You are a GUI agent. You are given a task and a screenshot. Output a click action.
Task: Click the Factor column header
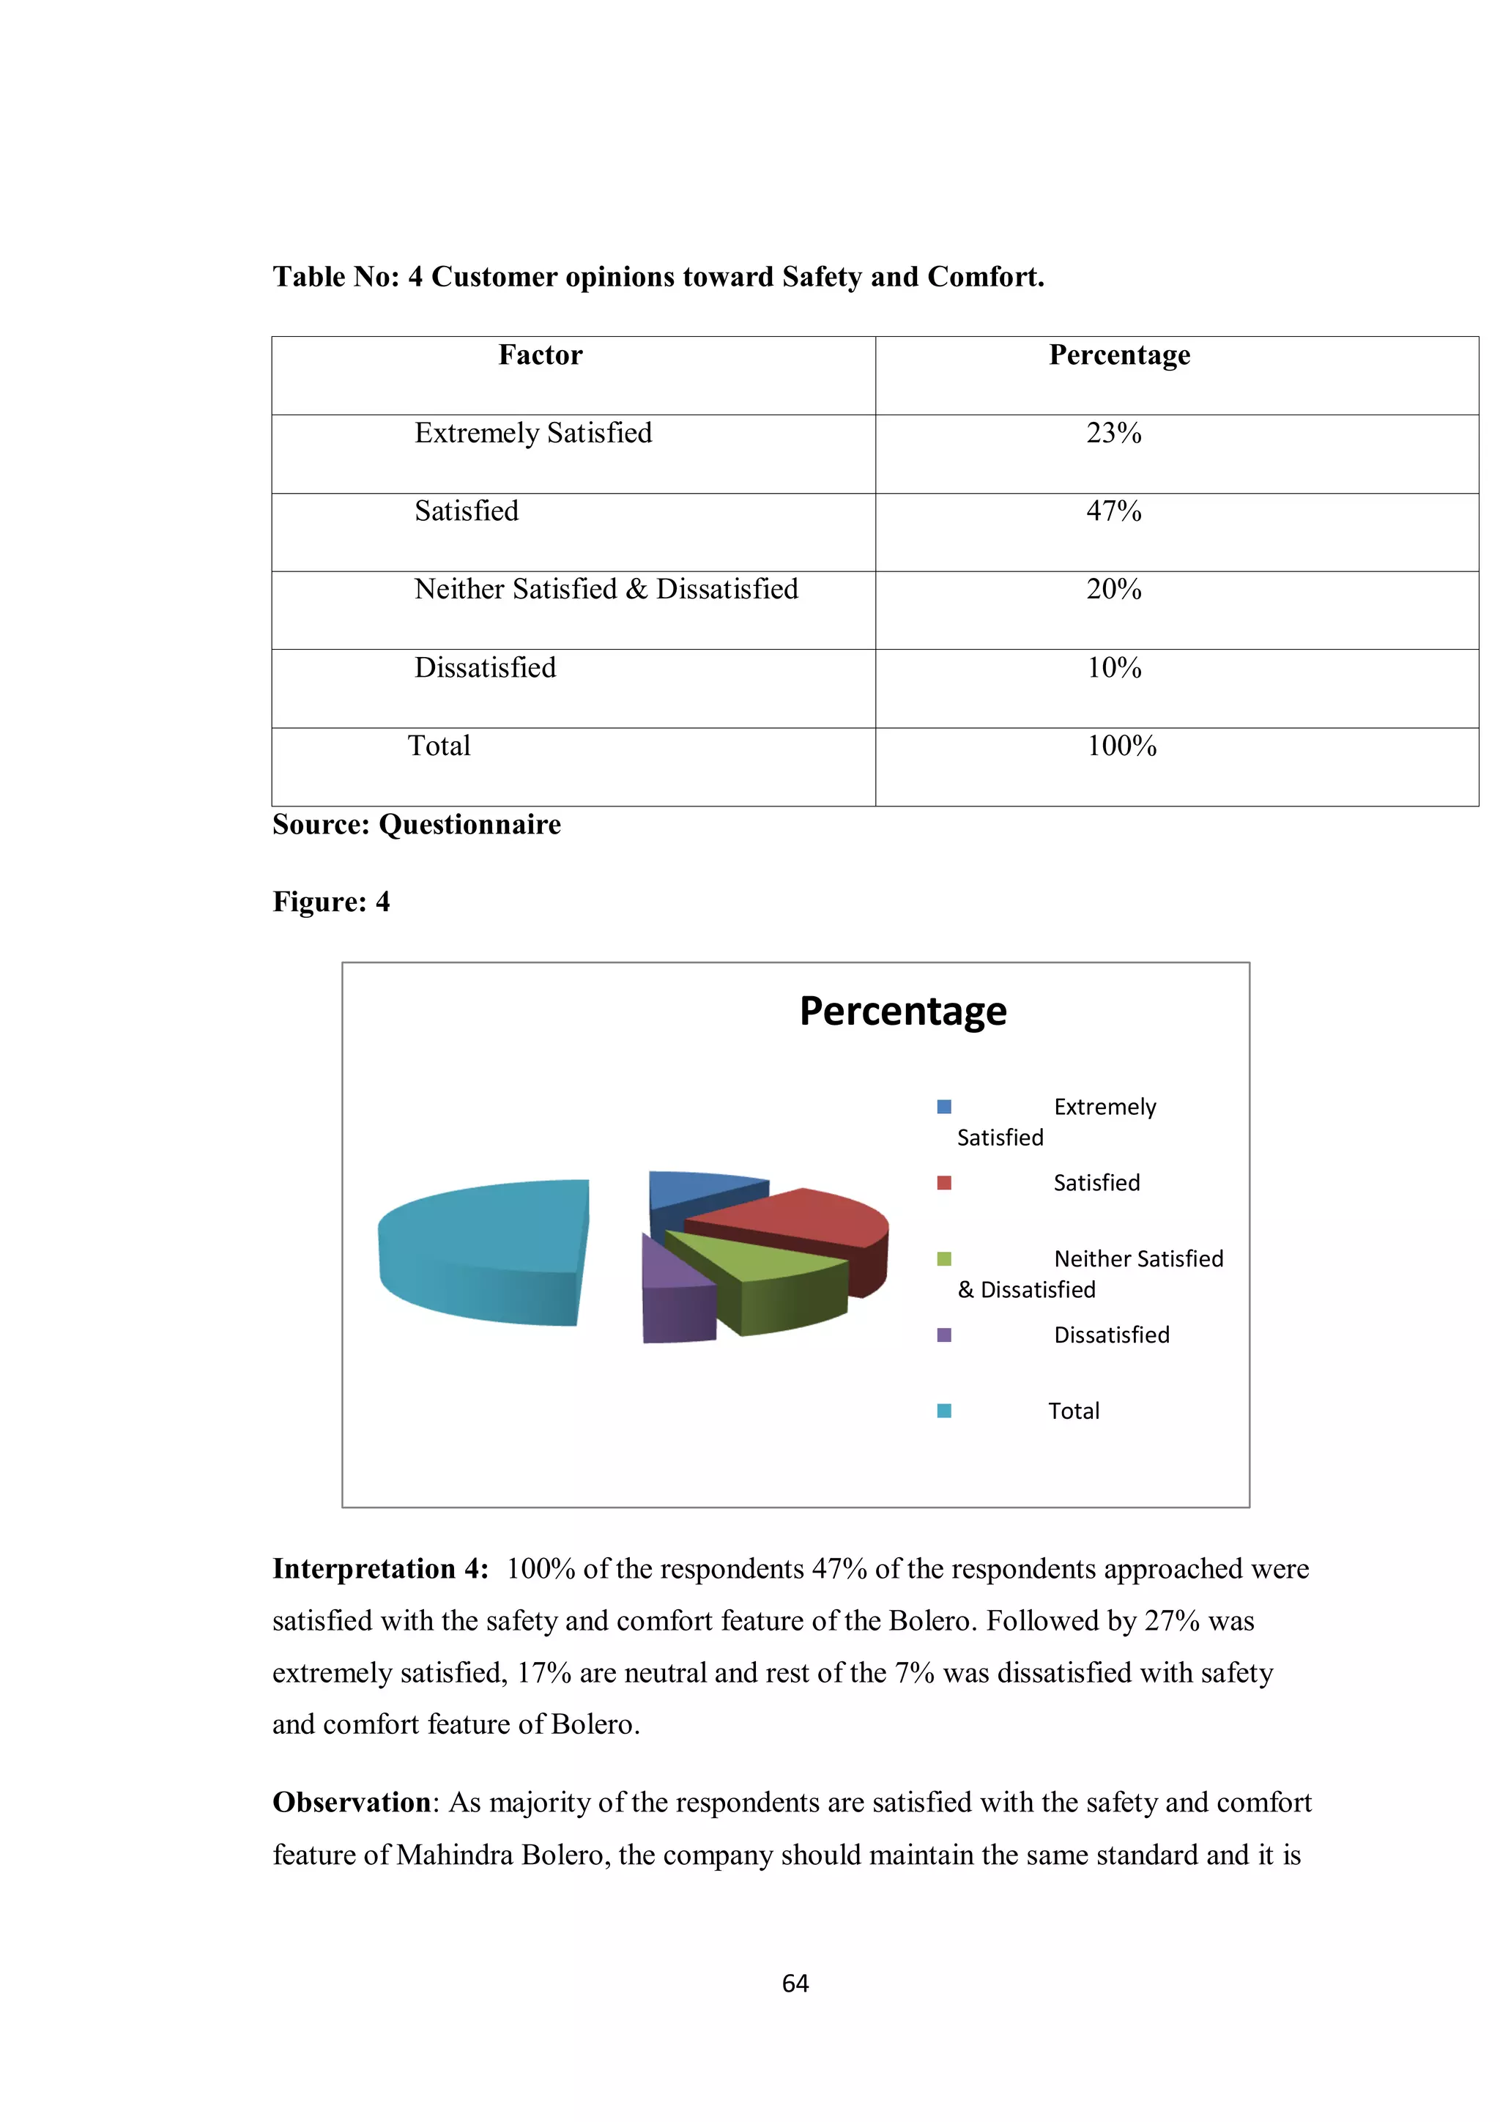pyautogui.click(x=540, y=355)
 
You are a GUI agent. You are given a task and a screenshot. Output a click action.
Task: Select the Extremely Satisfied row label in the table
pyautogui.click(x=532, y=433)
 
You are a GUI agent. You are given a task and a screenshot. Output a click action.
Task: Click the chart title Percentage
pyautogui.click(x=902, y=1011)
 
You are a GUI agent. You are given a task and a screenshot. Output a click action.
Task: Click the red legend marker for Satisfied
pyautogui.click(x=943, y=1183)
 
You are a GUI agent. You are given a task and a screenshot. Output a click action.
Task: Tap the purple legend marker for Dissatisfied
pyautogui.click(x=943, y=1335)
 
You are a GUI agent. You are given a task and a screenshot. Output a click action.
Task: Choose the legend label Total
pyautogui.click(x=1073, y=1411)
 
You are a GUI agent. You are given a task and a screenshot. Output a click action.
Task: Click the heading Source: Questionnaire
pyautogui.click(x=416, y=824)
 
